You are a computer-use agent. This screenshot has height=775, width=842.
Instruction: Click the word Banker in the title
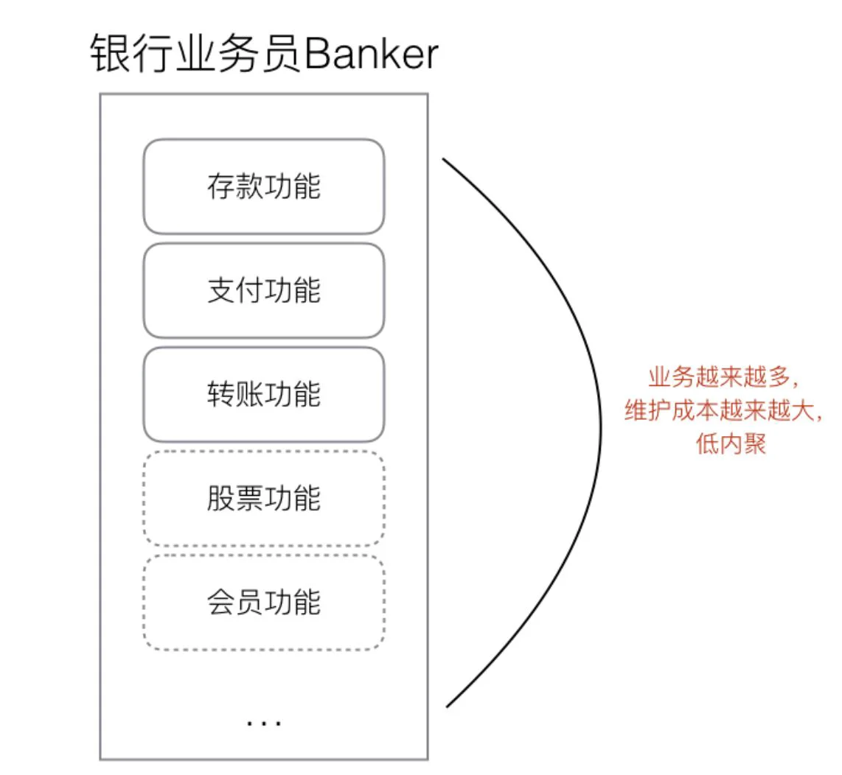(372, 54)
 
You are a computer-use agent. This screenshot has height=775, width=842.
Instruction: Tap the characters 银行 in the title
(132, 54)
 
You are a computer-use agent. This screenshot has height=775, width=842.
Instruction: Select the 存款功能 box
(264, 186)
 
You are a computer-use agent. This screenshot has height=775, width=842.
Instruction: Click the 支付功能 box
(264, 290)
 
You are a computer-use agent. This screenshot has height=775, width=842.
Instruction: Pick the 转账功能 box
(264, 394)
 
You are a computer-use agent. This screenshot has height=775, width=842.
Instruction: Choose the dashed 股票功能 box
(264, 499)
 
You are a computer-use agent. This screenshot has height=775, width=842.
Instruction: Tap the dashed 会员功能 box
(264, 603)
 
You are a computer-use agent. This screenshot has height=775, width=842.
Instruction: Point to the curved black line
(600, 429)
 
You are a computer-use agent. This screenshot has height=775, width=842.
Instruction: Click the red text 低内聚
(731, 443)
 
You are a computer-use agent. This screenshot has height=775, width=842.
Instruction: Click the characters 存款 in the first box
(235, 186)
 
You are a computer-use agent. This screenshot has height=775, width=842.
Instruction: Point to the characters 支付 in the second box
(235, 290)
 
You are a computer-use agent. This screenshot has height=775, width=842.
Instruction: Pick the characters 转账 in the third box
(235, 394)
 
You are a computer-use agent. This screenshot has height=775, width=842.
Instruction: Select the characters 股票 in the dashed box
(235, 499)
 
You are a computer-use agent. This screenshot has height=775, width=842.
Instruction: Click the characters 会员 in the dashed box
(235, 603)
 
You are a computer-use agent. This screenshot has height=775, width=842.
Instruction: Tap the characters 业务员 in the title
(240, 54)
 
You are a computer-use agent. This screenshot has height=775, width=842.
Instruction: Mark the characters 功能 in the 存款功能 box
(293, 186)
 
